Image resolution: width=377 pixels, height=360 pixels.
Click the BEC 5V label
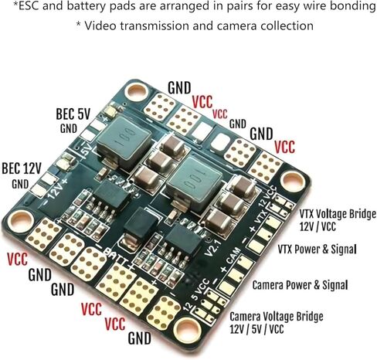[x=73, y=114]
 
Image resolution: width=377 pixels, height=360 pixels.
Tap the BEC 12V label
[x=22, y=168]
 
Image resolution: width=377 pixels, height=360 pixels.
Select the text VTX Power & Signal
[x=317, y=250]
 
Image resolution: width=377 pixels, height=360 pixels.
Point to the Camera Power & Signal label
[x=300, y=285]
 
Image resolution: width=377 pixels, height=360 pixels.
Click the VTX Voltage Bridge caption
[x=338, y=214]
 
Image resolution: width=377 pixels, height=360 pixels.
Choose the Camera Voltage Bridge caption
[x=277, y=317]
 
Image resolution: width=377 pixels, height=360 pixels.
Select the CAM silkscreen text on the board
[x=233, y=256]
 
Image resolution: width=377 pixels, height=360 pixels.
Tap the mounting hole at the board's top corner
[x=137, y=91]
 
